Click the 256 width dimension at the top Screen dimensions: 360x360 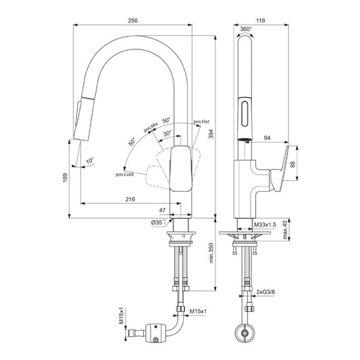point(133,21)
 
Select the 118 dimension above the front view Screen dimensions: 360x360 point(261,21)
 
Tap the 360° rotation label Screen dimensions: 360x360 point(245,29)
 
